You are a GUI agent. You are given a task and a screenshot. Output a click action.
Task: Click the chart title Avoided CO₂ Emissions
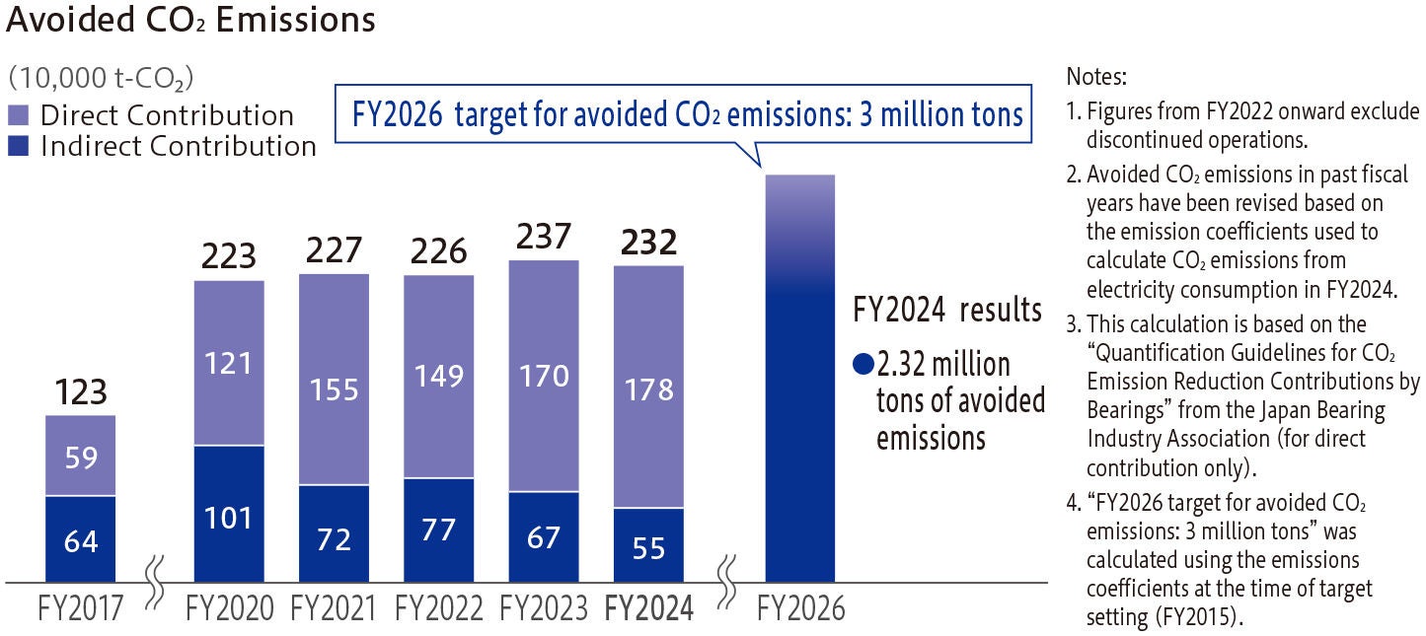click(190, 21)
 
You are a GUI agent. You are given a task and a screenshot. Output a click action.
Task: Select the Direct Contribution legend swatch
click(19, 115)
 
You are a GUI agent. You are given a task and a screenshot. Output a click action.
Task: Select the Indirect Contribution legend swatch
click(19, 147)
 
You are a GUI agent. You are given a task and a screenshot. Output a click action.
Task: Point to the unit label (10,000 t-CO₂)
click(100, 79)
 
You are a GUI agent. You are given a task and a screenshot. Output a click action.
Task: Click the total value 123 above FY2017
click(80, 392)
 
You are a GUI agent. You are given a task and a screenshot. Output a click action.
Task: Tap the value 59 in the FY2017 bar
click(80, 457)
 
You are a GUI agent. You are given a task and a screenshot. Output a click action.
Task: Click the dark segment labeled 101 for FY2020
click(229, 515)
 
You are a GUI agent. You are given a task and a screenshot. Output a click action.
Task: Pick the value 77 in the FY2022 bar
click(438, 530)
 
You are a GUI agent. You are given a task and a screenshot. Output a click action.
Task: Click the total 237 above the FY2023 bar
click(543, 237)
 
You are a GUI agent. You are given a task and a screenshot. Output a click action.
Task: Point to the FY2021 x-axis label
click(334, 609)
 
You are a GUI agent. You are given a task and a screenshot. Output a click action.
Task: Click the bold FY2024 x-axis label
click(648, 609)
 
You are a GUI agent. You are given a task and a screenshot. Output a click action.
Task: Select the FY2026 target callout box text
click(688, 115)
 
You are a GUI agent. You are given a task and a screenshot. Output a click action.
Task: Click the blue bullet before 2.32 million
click(863, 365)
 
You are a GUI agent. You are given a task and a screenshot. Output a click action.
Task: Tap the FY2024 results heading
click(946, 311)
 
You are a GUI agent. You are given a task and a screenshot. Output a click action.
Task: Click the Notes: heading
click(1095, 76)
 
